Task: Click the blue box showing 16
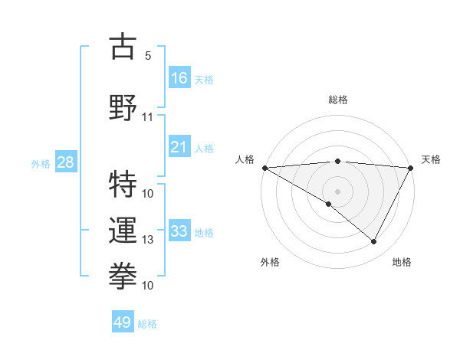tap(179, 77)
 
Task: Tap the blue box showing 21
tap(179, 147)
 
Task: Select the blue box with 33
tap(179, 231)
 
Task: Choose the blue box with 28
tap(65, 162)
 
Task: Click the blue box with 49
tap(123, 322)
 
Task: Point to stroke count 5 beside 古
tap(147, 56)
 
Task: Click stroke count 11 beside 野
tap(147, 118)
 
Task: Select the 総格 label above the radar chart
tap(338, 100)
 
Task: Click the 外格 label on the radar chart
tap(270, 262)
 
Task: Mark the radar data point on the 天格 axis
tap(412, 167)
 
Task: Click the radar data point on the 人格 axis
tap(264, 167)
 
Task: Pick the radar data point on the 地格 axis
tap(374, 242)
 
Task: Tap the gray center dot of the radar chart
tap(337, 190)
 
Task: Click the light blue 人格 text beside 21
tap(204, 149)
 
